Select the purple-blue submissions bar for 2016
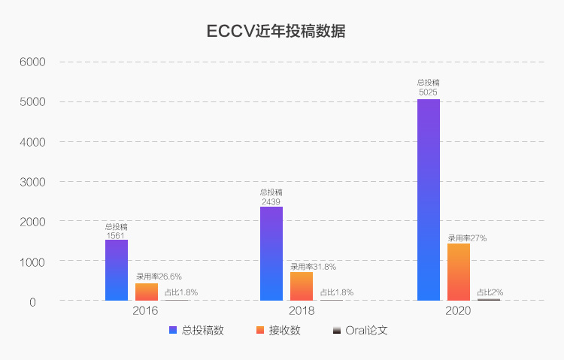[117, 271]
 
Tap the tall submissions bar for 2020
[428, 200]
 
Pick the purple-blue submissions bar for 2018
[271, 253]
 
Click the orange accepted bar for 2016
[147, 292]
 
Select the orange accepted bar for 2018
[302, 286]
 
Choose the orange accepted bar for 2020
[458, 272]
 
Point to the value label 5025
[428, 92]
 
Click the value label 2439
[271, 201]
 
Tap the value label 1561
[117, 235]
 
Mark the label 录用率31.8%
[313, 267]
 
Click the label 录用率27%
[467, 238]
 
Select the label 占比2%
[490, 292]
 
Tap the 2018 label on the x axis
[301, 310]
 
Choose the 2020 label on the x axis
[457, 310]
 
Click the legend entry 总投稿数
[197, 331]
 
